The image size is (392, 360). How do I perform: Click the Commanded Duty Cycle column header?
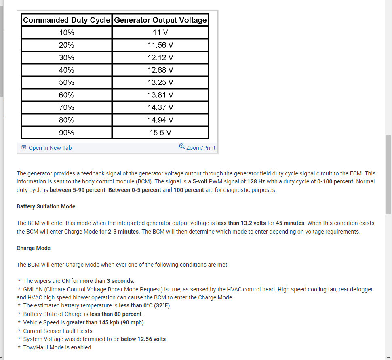pyautogui.click(x=67, y=20)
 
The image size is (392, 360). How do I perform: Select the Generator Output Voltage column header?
pyautogui.click(x=160, y=20)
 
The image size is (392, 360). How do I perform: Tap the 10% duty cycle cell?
pyautogui.click(x=67, y=32)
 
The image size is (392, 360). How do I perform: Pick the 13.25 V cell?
pyautogui.click(x=160, y=82)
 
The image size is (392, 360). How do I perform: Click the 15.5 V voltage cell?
pyautogui.click(x=160, y=133)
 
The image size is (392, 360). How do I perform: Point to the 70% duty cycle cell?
pyautogui.click(x=67, y=107)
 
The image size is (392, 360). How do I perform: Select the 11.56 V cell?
pyautogui.click(x=160, y=45)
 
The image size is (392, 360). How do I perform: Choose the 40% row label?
pyautogui.click(x=67, y=70)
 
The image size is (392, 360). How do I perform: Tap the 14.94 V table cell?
pyautogui.click(x=160, y=120)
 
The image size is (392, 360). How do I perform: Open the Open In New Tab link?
pyautogui.click(x=50, y=148)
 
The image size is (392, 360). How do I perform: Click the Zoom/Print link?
pyautogui.click(x=201, y=148)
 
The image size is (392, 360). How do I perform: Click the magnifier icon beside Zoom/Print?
pyautogui.click(x=182, y=147)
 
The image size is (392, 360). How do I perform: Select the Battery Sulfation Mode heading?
pyautogui.click(x=46, y=206)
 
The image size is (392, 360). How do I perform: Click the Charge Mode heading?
pyautogui.click(x=34, y=248)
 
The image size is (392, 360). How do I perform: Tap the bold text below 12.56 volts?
pyautogui.click(x=143, y=339)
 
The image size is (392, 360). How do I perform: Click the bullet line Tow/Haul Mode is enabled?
pyautogui.click(x=57, y=347)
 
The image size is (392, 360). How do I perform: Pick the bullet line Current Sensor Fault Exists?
pyautogui.click(x=58, y=331)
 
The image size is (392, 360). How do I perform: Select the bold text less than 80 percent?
pyautogui.click(x=116, y=314)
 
